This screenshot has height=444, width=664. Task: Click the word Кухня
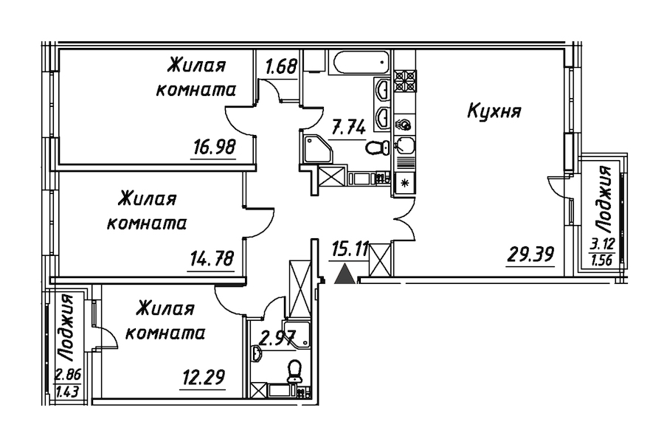(495, 112)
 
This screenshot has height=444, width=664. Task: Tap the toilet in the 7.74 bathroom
(377, 147)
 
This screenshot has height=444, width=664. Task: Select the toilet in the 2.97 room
(294, 368)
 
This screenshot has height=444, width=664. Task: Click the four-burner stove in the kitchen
(405, 79)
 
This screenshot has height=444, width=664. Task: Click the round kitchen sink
(404, 125)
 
